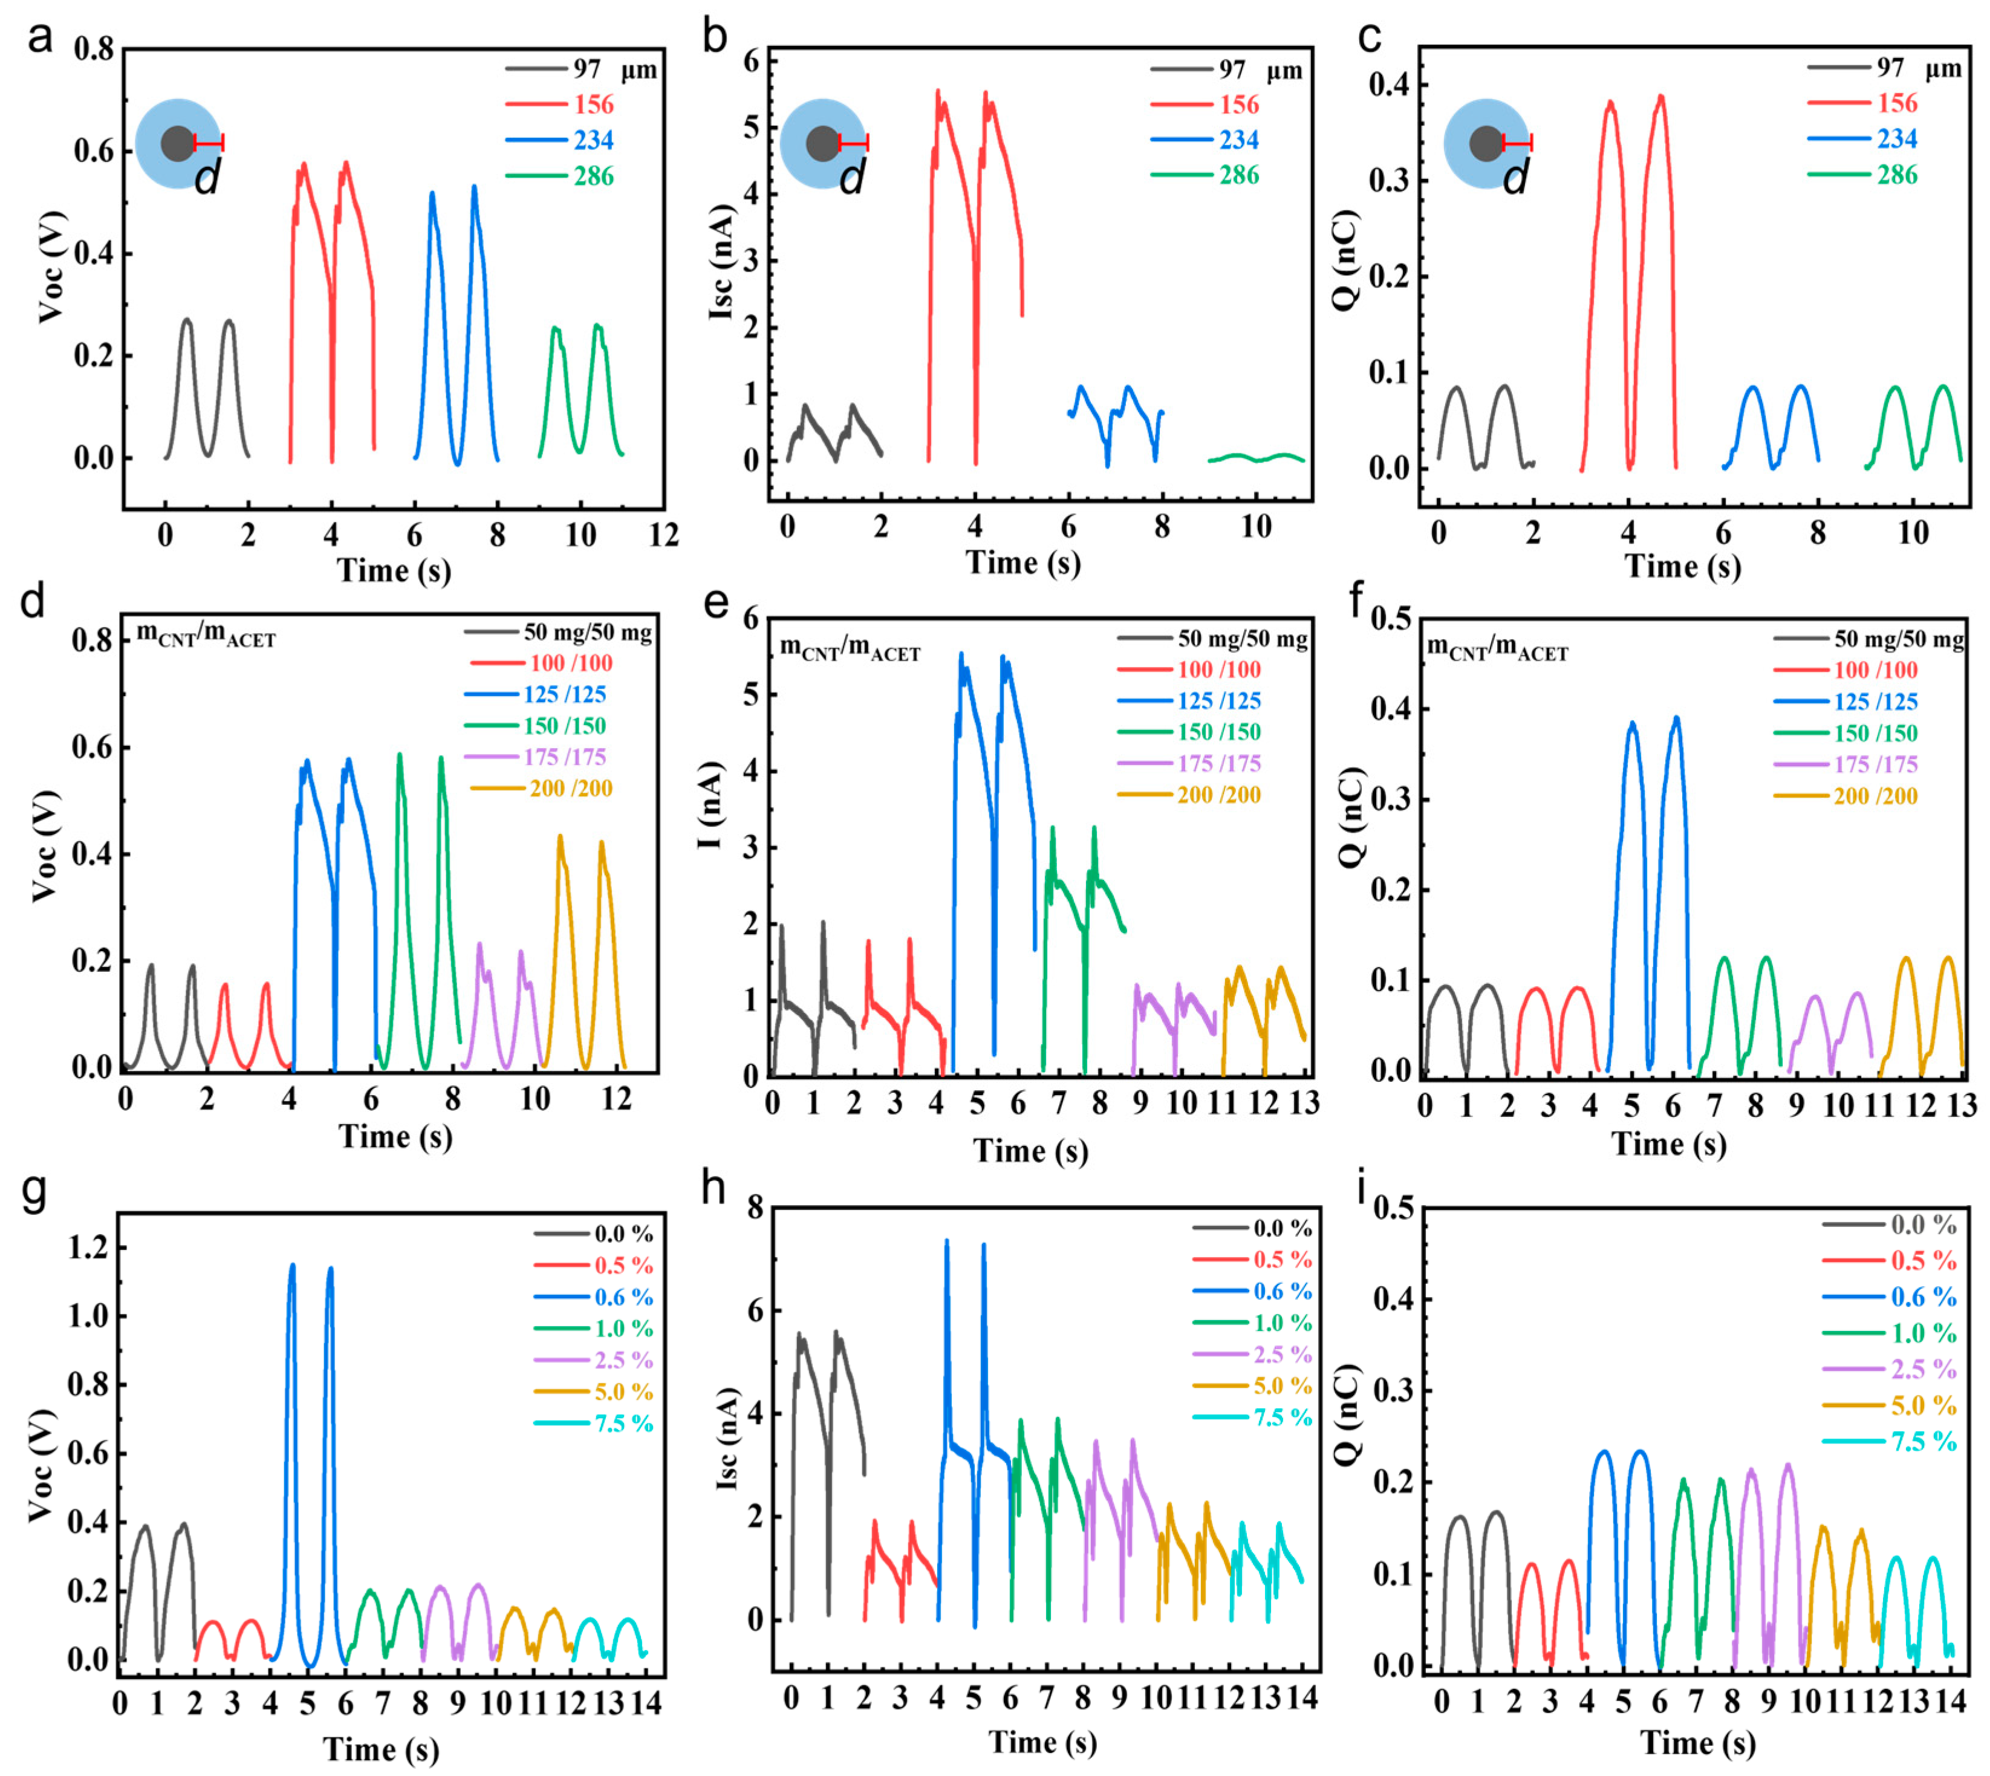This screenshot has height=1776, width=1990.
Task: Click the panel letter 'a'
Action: (39, 39)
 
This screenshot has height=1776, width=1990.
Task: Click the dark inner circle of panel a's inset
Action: (178, 143)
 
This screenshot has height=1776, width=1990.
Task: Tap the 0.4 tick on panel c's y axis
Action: (1397, 85)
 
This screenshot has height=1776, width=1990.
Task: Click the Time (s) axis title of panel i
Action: (1697, 1742)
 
